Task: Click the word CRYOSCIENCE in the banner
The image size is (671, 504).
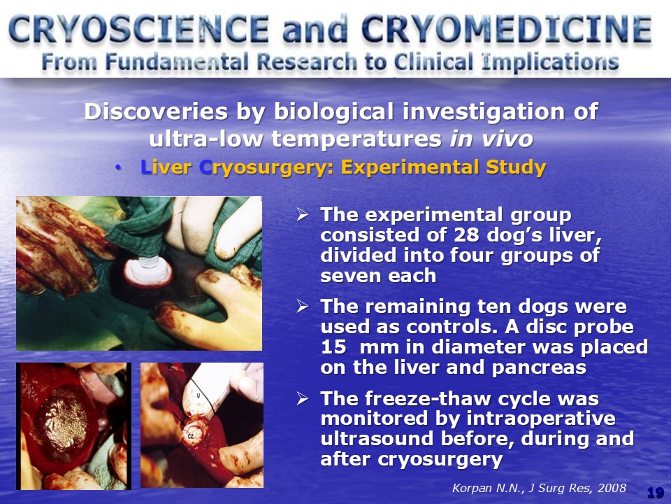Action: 138,29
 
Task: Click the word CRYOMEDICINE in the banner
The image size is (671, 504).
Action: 507,29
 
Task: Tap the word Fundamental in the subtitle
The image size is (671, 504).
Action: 177,62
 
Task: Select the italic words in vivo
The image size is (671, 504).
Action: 491,139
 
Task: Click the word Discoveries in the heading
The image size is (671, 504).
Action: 156,111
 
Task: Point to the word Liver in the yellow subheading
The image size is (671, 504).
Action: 166,167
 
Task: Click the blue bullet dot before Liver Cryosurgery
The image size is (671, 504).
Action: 118,169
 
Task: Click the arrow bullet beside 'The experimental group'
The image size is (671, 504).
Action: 302,214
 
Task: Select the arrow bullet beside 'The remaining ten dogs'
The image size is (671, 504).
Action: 302,306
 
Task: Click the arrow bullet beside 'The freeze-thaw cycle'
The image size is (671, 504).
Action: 302,398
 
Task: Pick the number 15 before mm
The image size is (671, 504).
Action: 333,347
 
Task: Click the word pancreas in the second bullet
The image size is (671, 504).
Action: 539,368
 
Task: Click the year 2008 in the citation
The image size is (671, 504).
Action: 612,488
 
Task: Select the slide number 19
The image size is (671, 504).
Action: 656,493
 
